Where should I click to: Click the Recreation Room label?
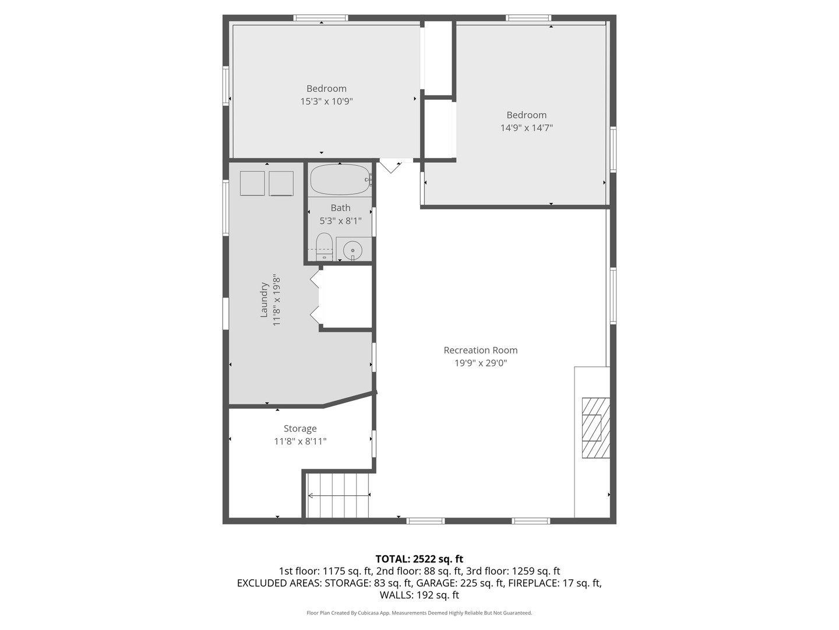tap(481, 350)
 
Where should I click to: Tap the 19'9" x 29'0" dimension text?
tap(481, 363)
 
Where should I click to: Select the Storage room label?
tap(300, 429)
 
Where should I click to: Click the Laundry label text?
tap(264, 300)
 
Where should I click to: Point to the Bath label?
tap(340, 208)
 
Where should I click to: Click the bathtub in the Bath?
tap(341, 180)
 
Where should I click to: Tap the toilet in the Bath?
tap(324, 246)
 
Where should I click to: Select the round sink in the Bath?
tap(352, 251)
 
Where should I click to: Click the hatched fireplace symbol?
tap(596, 428)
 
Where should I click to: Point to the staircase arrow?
tap(339, 496)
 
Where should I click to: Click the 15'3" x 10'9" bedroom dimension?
tap(326, 101)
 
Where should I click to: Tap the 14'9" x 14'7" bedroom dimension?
tap(526, 128)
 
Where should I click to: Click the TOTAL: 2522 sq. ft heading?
tap(419, 559)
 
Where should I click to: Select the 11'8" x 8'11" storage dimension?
tap(300, 442)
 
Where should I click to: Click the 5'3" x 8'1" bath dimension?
tap(340, 220)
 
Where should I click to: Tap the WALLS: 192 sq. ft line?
tap(419, 595)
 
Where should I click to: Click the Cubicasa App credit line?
tap(419, 612)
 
